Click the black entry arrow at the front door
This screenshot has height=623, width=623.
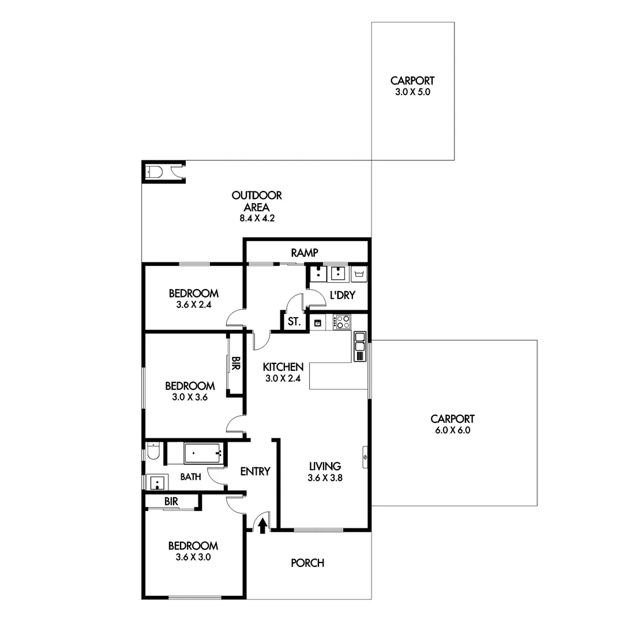(262, 525)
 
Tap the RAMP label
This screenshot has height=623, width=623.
(305, 252)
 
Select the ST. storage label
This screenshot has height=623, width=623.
(294, 322)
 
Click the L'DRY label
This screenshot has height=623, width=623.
(342, 295)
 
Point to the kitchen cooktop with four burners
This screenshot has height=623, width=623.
(342, 322)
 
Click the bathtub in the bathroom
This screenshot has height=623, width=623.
(203, 453)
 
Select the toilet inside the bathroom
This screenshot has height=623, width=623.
(152, 451)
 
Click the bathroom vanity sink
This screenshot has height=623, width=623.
(156, 482)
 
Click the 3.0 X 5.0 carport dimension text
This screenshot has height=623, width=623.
(412, 92)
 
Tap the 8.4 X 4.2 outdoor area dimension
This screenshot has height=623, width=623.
(257, 219)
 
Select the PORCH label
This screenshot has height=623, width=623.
(307, 563)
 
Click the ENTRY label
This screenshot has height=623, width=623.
(255, 471)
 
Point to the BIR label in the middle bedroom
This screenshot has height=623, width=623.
(235, 363)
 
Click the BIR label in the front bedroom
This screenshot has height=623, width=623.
(171, 502)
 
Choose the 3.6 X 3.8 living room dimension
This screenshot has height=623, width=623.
(326, 477)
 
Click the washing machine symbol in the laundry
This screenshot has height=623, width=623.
(359, 273)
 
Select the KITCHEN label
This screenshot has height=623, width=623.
(283, 367)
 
